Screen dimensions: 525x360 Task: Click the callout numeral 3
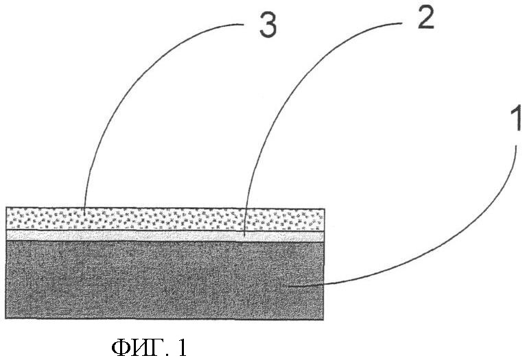tap(268, 26)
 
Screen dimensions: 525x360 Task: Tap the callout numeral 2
tap(425, 17)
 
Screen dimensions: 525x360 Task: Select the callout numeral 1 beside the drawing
tap(515, 118)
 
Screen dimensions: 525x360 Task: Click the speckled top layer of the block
tap(165, 219)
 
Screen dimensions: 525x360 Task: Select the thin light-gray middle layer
tap(165, 236)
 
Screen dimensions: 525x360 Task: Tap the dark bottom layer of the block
tap(165, 280)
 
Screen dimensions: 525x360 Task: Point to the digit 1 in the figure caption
tap(182, 348)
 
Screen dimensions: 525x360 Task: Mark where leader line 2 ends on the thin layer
tap(244, 237)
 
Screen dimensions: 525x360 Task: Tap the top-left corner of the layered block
tap(6, 208)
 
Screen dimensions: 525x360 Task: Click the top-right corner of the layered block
tap(324, 208)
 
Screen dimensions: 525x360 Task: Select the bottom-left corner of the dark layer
tap(6, 318)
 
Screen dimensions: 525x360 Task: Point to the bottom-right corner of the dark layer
tap(324, 320)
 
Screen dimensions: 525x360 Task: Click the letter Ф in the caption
tap(121, 348)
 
